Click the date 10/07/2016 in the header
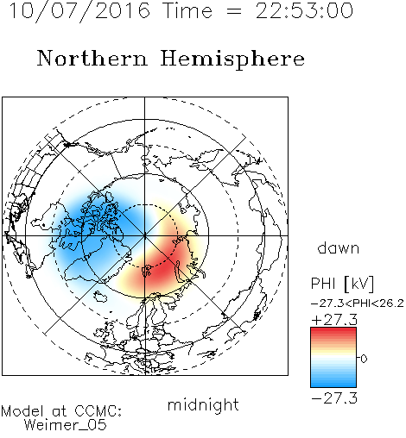click(79, 11)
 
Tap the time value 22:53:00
click(304, 10)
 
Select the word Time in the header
click(187, 10)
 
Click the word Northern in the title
click(92, 58)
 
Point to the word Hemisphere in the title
click(232, 59)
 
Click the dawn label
click(338, 248)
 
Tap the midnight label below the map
click(203, 404)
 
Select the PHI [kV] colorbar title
click(342, 284)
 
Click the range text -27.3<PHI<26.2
click(358, 303)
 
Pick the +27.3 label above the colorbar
click(334, 320)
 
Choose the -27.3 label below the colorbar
click(334, 398)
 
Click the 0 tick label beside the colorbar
click(364, 359)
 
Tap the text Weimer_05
click(66, 425)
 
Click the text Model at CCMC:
click(61, 411)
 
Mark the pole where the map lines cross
click(145, 235)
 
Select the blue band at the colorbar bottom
click(333, 382)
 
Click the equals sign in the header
click(234, 11)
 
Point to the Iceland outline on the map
click(100, 297)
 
